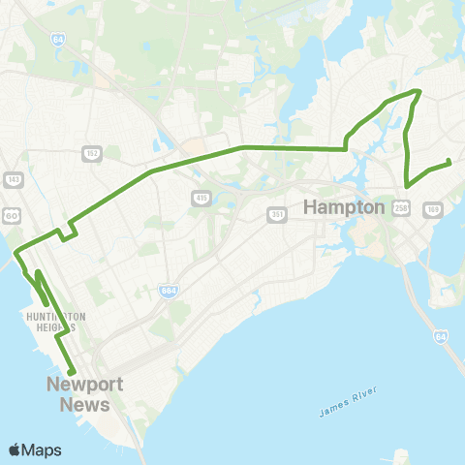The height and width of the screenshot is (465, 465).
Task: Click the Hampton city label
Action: pos(346,206)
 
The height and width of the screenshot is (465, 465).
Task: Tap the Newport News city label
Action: pos(85,393)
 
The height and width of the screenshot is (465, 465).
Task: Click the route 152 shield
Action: pos(93,153)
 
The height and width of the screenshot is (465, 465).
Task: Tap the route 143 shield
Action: pos(13,179)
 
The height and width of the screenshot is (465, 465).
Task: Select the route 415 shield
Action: pos(201,198)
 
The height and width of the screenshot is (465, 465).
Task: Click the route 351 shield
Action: pos(277,214)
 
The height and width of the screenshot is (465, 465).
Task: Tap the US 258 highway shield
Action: pos(402,206)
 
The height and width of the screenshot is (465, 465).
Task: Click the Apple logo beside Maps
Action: pos(15,449)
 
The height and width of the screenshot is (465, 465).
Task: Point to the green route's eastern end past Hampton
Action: pos(449,162)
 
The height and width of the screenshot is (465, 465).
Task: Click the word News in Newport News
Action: pos(85,403)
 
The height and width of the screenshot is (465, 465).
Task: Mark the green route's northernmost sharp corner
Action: pos(418,91)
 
